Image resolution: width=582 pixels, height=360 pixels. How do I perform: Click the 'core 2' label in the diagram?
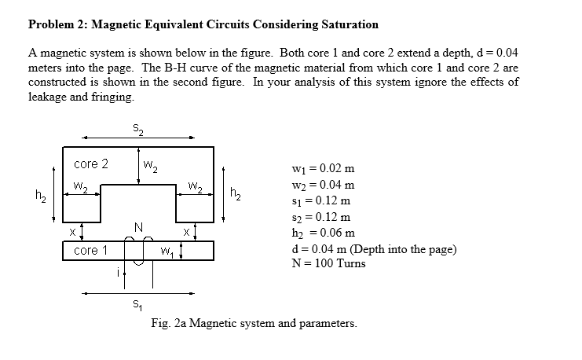click(x=90, y=164)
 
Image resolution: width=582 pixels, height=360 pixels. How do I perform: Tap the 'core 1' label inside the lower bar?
click(x=90, y=251)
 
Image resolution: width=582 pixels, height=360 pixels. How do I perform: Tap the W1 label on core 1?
click(x=167, y=253)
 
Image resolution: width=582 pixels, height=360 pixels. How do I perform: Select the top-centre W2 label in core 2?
click(x=151, y=166)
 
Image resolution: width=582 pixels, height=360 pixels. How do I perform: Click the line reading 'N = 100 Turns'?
click(x=328, y=263)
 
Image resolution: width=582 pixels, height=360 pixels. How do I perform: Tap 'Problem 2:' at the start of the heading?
click(x=57, y=24)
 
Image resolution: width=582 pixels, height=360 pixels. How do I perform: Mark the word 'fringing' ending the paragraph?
click(x=114, y=97)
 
